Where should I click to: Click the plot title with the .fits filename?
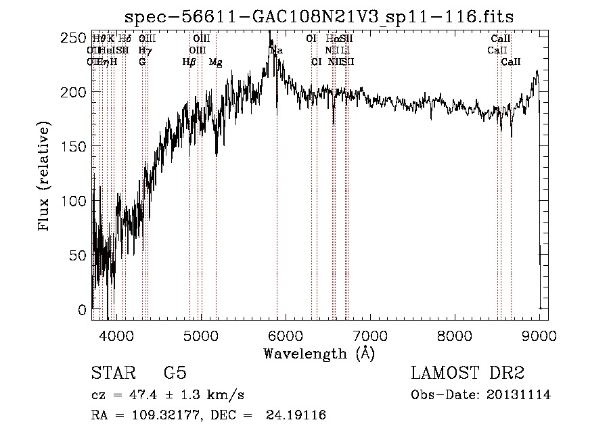tap(320, 17)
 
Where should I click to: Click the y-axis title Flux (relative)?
tap(45, 178)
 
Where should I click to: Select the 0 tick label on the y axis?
tap(83, 310)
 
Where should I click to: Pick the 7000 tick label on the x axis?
tap(370, 335)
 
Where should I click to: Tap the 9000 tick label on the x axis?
tap(539, 335)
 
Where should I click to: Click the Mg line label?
tap(215, 62)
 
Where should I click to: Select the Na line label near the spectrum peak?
tap(277, 51)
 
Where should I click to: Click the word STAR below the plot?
tap(113, 373)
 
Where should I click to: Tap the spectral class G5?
tap(175, 373)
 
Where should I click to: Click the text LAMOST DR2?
tap(468, 373)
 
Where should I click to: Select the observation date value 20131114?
tap(518, 395)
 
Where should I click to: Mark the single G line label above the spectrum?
tap(142, 62)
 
